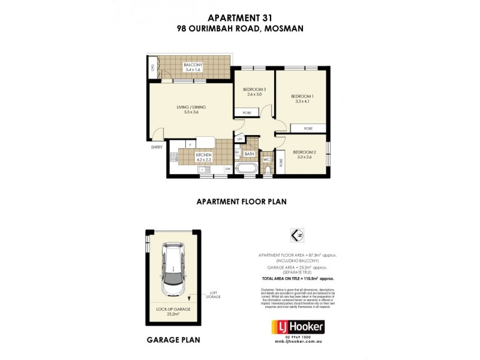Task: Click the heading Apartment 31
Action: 239,17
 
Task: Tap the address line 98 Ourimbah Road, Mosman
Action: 239,28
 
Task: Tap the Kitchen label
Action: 204,157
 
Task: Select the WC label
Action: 266,159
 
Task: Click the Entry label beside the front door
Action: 157,147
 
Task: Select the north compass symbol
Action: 294,235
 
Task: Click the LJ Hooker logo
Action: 299,327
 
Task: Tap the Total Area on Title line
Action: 298,279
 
